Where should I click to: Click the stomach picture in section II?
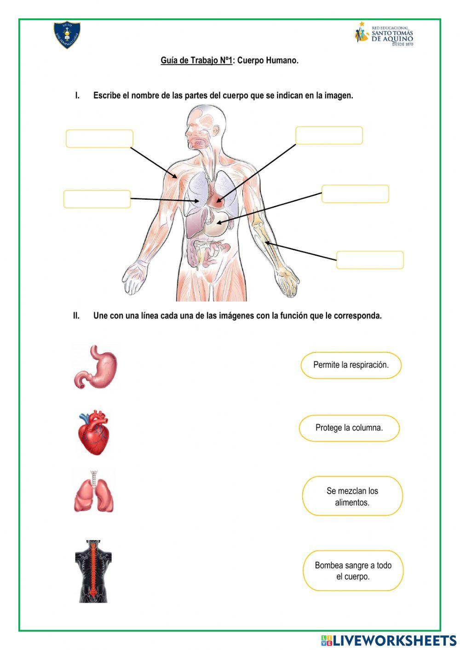click(96, 367)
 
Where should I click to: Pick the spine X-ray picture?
click(93, 571)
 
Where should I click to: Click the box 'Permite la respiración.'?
click(351, 365)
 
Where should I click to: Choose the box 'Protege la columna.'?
click(349, 428)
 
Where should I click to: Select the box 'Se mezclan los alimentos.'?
click(352, 496)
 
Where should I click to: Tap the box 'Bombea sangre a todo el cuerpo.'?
click(353, 570)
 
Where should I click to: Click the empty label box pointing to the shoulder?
click(99, 138)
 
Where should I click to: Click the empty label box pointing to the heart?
click(329, 136)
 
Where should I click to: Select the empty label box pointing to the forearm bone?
click(370, 260)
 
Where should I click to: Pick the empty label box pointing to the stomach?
click(355, 194)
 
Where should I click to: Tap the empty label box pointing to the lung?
click(97, 199)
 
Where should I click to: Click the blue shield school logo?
click(67, 35)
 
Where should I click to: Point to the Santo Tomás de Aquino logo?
click(385, 34)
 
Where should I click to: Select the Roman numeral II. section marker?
click(76, 316)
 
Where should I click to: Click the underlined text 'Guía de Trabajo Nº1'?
click(196, 60)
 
